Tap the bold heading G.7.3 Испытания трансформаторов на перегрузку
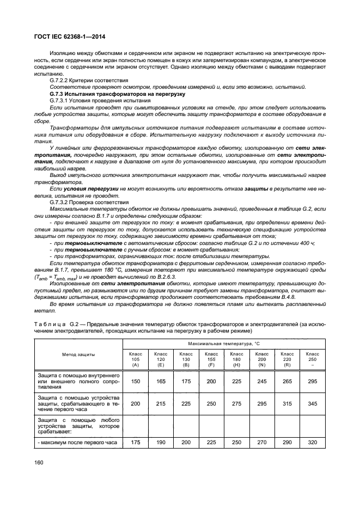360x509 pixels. click(106, 94)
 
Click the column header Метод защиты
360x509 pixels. click(78, 354)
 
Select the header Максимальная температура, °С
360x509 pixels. click(224, 345)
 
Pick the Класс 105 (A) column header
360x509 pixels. click(136, 359)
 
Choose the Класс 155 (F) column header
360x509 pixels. click(211, 359)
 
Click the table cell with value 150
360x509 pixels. click(136, 382)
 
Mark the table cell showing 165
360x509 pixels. click(161, 382)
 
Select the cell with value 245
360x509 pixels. click(262, 382)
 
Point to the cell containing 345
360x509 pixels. click(312, 404)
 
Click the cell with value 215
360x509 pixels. click(161, 404)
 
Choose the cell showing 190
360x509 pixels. click(161, 443)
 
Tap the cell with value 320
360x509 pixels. click(312, 443)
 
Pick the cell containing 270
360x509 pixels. click(262, 443)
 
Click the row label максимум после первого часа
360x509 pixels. click(79, 443)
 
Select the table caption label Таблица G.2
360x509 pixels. click(53, 324)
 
